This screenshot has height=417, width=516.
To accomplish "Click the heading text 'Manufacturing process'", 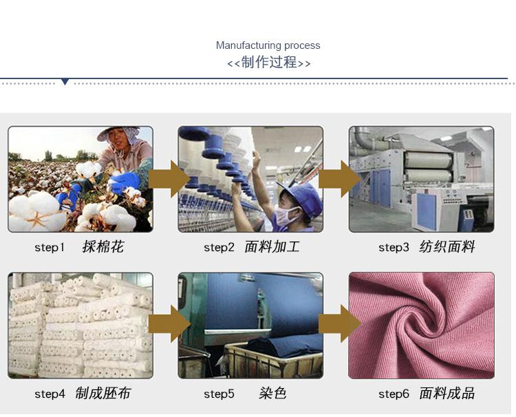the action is point(268,45).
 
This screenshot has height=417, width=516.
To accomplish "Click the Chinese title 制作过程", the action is point(269,62).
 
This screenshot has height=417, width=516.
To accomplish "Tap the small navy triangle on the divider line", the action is point(65,82).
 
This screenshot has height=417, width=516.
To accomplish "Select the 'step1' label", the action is point(50,248).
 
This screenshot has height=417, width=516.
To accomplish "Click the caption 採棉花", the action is point(103,246).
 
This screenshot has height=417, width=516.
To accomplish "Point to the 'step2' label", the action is point(219,248).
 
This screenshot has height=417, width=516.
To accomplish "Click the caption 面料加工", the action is point(272,246).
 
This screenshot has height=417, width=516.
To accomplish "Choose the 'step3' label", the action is point(394,248).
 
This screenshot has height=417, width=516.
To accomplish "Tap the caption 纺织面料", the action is point(447,246).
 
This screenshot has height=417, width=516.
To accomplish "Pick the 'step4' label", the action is point(50,394).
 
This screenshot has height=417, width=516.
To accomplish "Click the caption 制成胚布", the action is point(103,393).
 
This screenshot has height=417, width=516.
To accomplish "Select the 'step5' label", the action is point(219,394).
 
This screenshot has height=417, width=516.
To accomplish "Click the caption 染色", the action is point(272,393).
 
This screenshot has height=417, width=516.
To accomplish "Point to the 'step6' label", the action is point(394,394).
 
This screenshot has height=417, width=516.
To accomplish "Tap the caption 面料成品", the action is point(447,393).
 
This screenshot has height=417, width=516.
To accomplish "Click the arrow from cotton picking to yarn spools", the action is point(169,180).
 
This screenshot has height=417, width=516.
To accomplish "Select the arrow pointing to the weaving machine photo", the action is point(340,180).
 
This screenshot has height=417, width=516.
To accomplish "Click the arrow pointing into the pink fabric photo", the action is point(340,323).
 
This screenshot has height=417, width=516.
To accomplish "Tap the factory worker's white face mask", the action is point(286,215).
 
